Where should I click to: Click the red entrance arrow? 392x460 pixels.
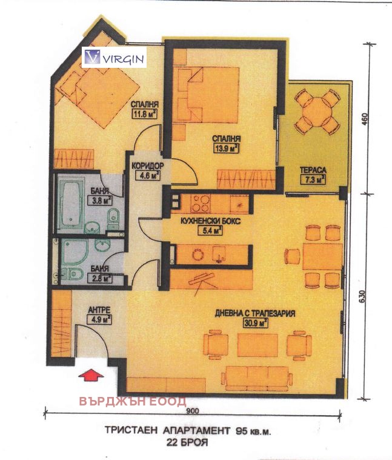pyautogui.click(x=91, y=375)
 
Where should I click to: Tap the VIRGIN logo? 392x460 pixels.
pyautogui.click(x=114, y=57)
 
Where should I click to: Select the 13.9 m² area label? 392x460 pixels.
pyautogui.click(x=226, y=148)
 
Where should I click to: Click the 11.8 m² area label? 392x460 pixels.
pyautogui.click(x=145, y=113)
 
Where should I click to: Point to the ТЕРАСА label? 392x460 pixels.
pyautogui.click(x=313, y=170)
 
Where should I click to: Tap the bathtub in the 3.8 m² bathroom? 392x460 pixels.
pyautogui.click(x=72, y=204)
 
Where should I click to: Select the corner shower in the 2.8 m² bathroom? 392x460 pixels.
pyautogui.click(x=75, y=253)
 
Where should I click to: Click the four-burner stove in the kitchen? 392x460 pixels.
pyautogui.click(x=201, y=203)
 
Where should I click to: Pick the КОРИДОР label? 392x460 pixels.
pyautogui.click(x=147, y=166)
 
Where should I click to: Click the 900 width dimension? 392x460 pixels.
pyautogui.click(x=192, y=411)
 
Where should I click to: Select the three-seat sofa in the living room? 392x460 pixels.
pyautogui.click(x=257, y=379)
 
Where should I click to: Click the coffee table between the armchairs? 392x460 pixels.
pyautogui.click(x=257, y=345)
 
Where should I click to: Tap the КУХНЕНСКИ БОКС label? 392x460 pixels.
pyautogui.click(x=210, y=221)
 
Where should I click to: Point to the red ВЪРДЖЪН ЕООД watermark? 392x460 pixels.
pyautogui.click(x=133, y=401)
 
